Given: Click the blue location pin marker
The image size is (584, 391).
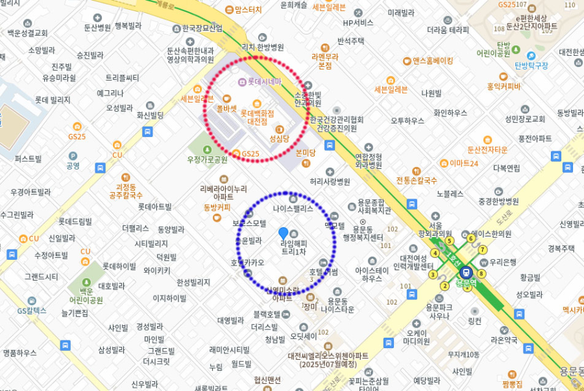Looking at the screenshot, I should [x=283, y=233].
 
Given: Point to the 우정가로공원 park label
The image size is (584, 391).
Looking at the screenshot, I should [x=207, y=159].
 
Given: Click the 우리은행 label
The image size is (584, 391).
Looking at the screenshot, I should [x=504, y=262].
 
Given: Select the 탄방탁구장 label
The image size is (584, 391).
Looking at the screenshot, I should [x=531, y=65].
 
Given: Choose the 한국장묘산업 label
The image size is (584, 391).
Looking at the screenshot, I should [x=202, y=29].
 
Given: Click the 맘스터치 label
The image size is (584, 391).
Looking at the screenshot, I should [x=248, y=10].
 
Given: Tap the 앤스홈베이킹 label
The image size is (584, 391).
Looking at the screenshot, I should [x=432, y=61].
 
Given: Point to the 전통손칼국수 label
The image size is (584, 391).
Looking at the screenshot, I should [x=417, y=180].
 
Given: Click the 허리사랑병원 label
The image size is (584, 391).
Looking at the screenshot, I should [x=330, y=181].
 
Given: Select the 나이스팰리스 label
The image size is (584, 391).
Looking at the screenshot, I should [x=293, y=209].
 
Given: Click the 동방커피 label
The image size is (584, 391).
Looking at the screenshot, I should [x=217, y=208].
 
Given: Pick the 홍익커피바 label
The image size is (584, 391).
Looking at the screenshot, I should [x=504, y=86].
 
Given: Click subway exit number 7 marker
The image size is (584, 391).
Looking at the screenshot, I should [x=482, y=250].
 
